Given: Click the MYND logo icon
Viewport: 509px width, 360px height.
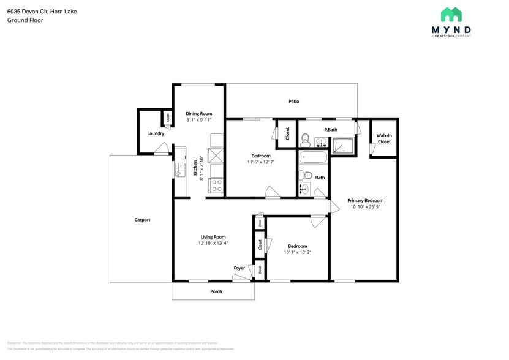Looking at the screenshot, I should click(451, 15).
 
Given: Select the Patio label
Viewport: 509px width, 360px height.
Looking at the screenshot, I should click(294, 101).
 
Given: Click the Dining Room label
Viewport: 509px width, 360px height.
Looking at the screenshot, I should click(199, 113).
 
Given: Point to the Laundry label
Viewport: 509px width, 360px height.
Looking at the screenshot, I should click(156, 133).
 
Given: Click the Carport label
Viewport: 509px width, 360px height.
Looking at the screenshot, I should click(142, 220).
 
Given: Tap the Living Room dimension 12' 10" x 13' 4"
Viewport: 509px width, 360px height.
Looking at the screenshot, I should click(213, 243).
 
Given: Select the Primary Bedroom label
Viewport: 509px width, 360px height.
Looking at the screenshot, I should click(365, 200).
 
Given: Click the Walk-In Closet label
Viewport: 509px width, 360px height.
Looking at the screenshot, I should click(384, 138).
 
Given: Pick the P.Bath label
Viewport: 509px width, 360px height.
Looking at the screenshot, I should click(331, 129).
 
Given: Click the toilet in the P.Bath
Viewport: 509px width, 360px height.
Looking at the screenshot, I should click(306, 138).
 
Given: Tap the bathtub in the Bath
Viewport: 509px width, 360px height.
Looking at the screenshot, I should click(314, 157).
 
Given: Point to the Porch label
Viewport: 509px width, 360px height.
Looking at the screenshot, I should click(216, 291).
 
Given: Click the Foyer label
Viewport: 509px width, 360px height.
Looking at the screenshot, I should click(239, 268).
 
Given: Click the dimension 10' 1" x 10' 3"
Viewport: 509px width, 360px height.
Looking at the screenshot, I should click(298, 252).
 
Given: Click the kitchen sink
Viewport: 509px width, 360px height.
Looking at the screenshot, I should click(179, 169).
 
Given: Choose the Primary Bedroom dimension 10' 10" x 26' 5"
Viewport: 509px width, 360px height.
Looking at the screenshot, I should click(366, 207).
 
